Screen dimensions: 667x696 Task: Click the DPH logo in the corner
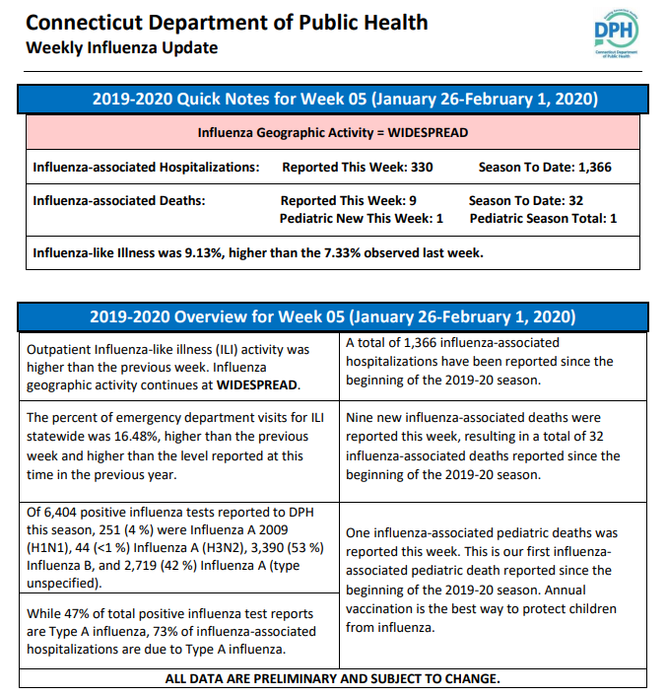616,33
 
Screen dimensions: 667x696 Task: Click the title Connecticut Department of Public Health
227,23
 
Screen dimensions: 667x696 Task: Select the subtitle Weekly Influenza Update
122,47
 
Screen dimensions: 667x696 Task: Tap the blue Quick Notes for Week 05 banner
333,99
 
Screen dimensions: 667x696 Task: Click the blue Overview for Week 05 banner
333,316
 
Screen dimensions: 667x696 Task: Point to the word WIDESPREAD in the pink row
428,133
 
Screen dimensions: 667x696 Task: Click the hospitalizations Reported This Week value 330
422,168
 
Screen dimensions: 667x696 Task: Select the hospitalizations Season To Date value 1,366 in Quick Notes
595,168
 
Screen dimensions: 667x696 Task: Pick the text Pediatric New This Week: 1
361,219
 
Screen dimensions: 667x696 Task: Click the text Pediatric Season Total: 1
543,219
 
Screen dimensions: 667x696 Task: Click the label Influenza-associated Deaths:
119,201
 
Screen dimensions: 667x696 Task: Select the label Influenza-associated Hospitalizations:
146,168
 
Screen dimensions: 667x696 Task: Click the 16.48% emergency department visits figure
136,437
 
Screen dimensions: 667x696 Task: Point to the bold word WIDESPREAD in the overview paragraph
257,384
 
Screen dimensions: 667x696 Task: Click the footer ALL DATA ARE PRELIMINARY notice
333,678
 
